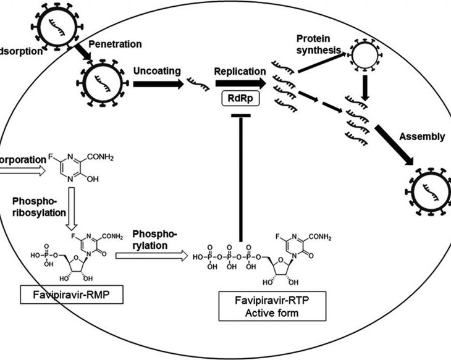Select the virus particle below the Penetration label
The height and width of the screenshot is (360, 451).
click(x=97, y=83)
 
